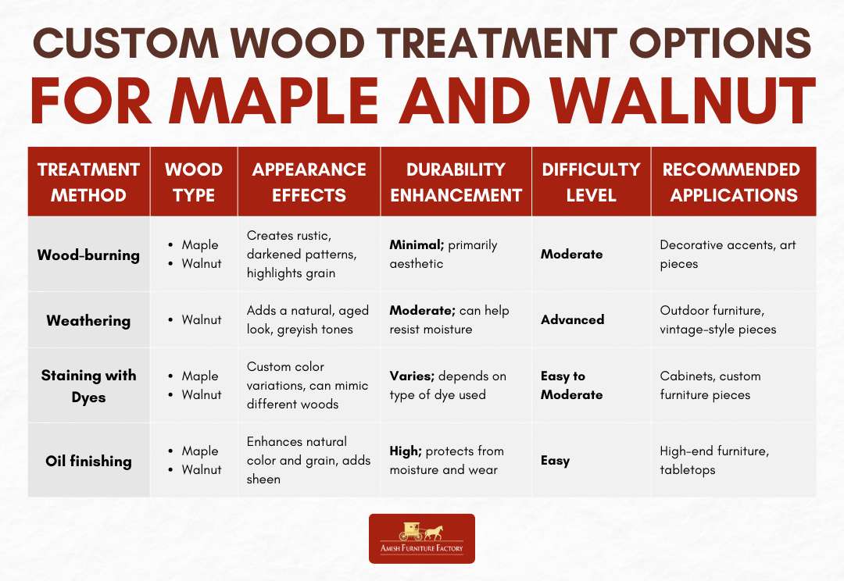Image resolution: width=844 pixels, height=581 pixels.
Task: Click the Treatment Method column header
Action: click(88, 182)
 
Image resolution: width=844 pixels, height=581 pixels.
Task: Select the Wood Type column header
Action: click(194, 182)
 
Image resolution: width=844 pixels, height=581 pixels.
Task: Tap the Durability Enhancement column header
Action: click(456, 182)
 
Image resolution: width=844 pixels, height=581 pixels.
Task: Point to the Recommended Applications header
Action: click(734, 182)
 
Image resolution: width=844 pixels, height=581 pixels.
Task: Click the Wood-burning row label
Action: click(88, 255)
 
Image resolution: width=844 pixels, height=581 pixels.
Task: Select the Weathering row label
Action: click(88, 320)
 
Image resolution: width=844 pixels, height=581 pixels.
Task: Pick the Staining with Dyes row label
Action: click(88, 386)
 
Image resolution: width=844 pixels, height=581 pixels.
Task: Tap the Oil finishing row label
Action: click(88, 461)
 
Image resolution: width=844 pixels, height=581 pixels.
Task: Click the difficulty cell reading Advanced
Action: click(572, 320)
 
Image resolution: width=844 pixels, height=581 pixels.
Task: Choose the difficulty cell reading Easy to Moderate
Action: click(572, 386)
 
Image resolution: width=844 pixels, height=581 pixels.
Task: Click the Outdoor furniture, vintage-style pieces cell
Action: click(718, 320)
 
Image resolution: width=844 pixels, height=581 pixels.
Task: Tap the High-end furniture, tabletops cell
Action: click(714, 461)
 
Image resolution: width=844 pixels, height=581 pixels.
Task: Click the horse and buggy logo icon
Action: click(421, 531)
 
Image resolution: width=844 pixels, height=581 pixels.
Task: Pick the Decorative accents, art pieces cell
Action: click(728, 255)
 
